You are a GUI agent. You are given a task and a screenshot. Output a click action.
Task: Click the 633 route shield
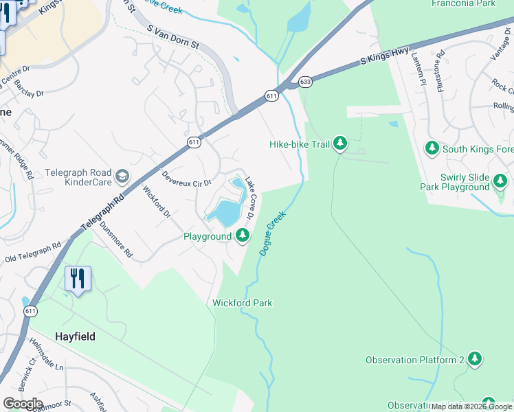(x=305, y=82)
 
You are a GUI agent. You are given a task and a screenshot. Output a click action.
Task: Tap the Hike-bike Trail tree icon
(x=339, y=144)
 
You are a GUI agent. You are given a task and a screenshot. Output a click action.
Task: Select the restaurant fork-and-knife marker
(x=78, y=279)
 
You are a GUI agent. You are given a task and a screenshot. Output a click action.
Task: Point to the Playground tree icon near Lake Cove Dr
(x=242, y=236)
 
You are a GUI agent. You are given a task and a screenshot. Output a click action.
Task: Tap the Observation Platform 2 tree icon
(x=474, y=359)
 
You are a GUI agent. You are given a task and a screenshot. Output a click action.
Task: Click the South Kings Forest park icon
(x=432, y=148)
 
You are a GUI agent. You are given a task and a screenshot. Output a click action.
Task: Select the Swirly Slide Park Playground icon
(x=500, y=181)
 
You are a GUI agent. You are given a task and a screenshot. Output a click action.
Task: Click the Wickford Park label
(x=242, y=303)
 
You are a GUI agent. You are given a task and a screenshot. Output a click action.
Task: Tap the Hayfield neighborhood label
(x=75, y=336)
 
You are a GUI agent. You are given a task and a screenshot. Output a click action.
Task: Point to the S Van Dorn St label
(x=173, y=37)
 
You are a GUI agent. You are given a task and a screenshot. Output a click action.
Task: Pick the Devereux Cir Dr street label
(x=186, y=183)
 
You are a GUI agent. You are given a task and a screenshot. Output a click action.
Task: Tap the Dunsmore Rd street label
(x=115, y=238)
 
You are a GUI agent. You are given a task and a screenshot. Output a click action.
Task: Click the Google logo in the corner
(x=23, y=404)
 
